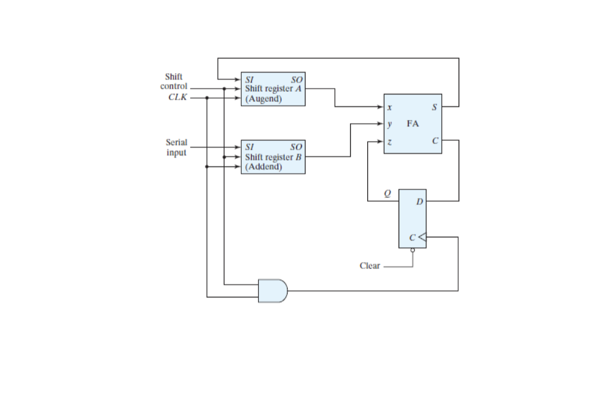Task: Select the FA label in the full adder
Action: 412,124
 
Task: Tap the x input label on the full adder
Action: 390,107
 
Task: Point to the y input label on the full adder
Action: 390,124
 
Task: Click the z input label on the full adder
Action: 390,141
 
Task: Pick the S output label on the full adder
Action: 434,107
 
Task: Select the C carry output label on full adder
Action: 434,141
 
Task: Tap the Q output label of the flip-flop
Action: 386,193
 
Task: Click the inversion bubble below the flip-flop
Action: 412,251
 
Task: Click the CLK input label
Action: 177,97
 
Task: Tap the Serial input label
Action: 176,147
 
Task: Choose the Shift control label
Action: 174,81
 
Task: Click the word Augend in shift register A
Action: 263,98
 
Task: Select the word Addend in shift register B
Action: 263,167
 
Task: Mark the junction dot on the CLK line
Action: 207,98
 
